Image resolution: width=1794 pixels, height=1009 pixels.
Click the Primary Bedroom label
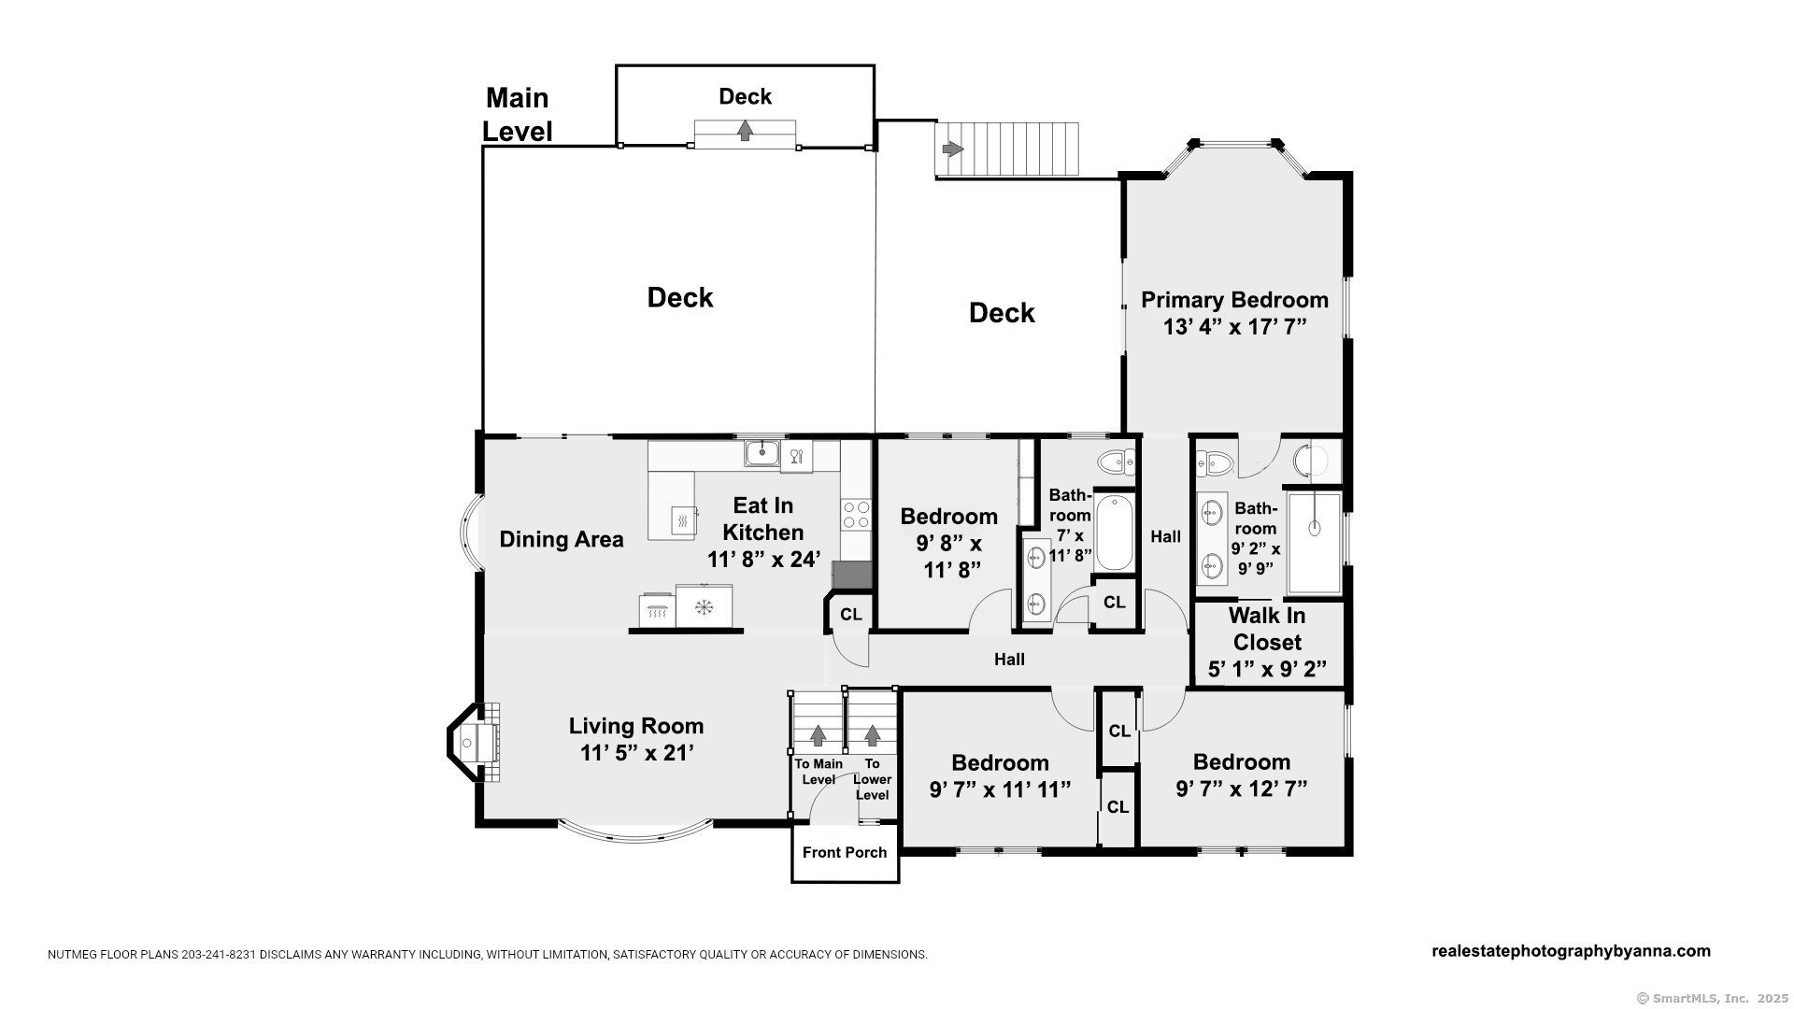point(1234,300)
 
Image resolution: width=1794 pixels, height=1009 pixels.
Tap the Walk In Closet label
point(1267,629)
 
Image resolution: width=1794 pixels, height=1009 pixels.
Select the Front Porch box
point(845,852)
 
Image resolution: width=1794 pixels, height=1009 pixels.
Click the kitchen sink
point(762,454)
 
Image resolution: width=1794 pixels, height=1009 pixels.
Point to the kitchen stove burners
point(856,515)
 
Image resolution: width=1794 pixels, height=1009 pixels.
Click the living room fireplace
point(474,743)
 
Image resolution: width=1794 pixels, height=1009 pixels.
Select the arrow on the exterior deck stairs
point(953,149)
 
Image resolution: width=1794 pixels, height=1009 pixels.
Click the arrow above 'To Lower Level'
point(873,736)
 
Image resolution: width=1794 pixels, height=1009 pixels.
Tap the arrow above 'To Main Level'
point(819,736)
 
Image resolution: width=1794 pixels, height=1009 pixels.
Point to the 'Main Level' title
point(518,115)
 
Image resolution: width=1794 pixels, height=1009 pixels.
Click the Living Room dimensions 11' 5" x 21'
point(636,753)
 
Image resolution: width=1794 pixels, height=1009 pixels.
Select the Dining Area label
point(561,539)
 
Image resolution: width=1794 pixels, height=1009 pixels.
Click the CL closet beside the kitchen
point(850,614)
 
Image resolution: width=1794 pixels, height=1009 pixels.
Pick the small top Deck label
point(745,96)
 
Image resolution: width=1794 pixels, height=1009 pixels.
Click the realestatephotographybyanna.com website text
point(1572,951)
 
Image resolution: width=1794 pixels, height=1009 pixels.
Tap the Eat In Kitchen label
point(763,519)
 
